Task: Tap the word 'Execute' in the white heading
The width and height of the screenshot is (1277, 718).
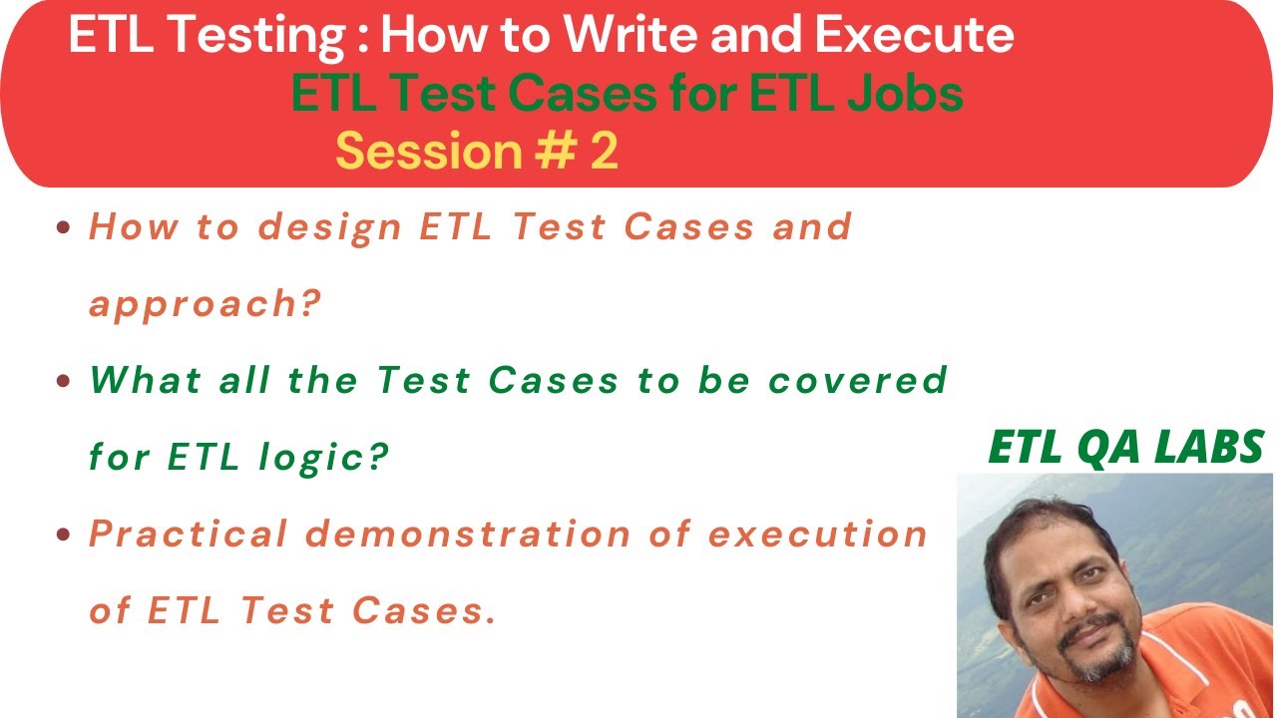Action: [x=914, y=36]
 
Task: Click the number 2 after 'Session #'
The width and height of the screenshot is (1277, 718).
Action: [x=605, y=151]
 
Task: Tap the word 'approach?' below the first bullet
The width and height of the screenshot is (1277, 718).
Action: [x=206, y=304]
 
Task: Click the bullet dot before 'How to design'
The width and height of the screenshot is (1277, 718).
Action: [x=64, y=228]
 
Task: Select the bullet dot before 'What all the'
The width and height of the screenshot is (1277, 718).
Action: [x=64, y=381]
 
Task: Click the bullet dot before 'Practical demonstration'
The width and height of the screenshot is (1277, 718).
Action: [x=64, y=535]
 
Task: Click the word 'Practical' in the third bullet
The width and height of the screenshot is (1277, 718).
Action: [x=187, y=535]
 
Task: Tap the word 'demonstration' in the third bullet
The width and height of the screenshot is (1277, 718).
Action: [x=468, y=535]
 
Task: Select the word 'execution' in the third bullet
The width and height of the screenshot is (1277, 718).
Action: [x=818, y=535]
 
